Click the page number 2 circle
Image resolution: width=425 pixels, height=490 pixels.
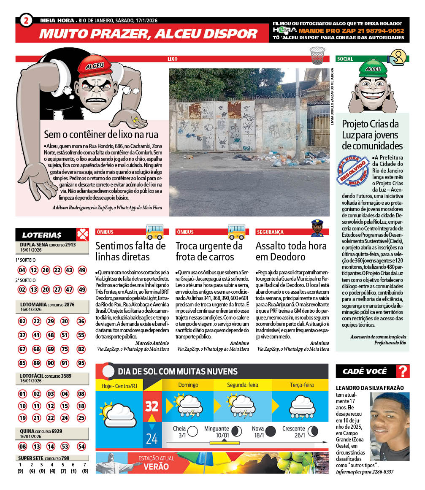pyautogui.click(x=26, y=20)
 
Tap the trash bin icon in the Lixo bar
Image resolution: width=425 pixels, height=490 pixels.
pyautogui.click(x=317, y=55)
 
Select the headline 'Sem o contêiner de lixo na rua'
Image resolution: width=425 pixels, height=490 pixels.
pyautogui.click(x=101, y=135)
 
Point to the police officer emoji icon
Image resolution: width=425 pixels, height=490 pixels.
pyautogui.click(x=317, y=229)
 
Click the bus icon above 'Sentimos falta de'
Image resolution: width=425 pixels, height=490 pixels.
pyautogui.click(x=154, y=231)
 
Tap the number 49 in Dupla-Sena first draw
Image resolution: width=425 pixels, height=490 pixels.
pyautogui.click(x=82, y=270)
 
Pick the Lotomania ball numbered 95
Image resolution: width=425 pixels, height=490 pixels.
pyautogui.click(x=81, y=363)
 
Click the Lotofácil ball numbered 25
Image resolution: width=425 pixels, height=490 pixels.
pyautogui.click(x=81, y=418)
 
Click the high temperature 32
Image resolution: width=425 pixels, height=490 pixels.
pyautogui.click(x=152, y=406)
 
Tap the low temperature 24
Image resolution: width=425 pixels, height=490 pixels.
pyautogui.click(x=152, y=439)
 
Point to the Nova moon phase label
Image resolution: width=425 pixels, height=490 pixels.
pyautogui.click(x=258, y=429)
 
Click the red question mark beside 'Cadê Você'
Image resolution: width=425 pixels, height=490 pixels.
pyautogui.click(x=403, y=371)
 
